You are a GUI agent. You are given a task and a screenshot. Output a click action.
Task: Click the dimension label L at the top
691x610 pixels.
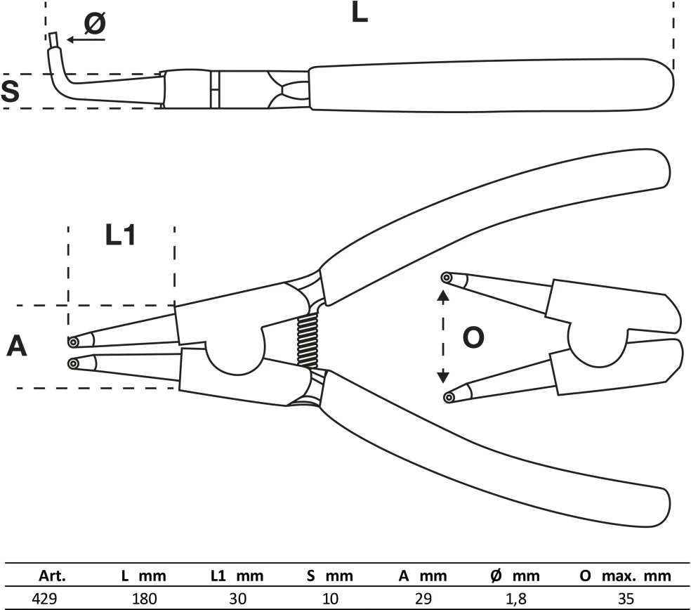point(359,12)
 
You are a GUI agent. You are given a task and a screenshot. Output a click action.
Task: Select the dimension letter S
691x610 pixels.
point(10,91)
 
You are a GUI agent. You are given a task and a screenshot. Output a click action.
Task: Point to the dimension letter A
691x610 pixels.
point(17,346)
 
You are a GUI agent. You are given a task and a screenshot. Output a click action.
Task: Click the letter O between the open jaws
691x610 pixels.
point(473,338)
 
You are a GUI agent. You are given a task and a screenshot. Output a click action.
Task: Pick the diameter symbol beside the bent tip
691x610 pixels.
point(95,23)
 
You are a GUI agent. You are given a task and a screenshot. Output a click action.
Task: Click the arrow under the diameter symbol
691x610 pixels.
point(86,39)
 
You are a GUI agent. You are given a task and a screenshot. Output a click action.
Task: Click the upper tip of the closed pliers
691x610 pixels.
point(73,342)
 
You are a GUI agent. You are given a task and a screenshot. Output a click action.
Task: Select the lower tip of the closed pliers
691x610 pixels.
point(73,363)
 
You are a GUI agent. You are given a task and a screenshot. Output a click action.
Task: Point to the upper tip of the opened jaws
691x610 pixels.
point(447,278)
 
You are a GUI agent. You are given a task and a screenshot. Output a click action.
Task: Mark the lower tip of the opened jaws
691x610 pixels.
point(449,397)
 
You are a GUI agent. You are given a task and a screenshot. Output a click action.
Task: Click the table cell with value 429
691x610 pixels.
point(44,599)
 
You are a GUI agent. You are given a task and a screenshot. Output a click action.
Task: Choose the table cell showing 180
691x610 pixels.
point(145,599)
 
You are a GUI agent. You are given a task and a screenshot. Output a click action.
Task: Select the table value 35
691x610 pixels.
point(626,599)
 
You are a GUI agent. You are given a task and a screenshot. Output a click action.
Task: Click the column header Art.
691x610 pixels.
point(52,576)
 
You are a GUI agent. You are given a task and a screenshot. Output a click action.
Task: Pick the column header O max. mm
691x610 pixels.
point(626,576)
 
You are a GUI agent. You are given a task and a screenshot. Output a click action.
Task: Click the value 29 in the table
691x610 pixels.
point(423,599)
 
